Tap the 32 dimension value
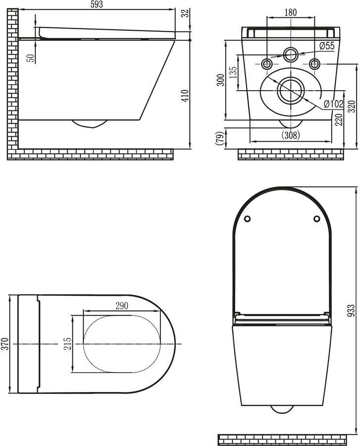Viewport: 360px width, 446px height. (x=185, y=13)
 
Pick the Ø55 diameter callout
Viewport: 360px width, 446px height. (x=327, y=46)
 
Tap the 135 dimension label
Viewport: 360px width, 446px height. (x=233, y=73)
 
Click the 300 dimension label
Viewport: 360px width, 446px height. (x=221, y=79)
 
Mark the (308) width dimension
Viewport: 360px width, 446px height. (x=290, y=135)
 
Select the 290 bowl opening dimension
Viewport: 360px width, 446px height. (x=121, y=306)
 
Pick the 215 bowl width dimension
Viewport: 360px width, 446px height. (x=67, y=343)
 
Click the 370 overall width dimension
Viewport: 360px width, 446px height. (x=5, y=343)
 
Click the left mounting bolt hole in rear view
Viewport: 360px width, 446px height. (x=266, y=63)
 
